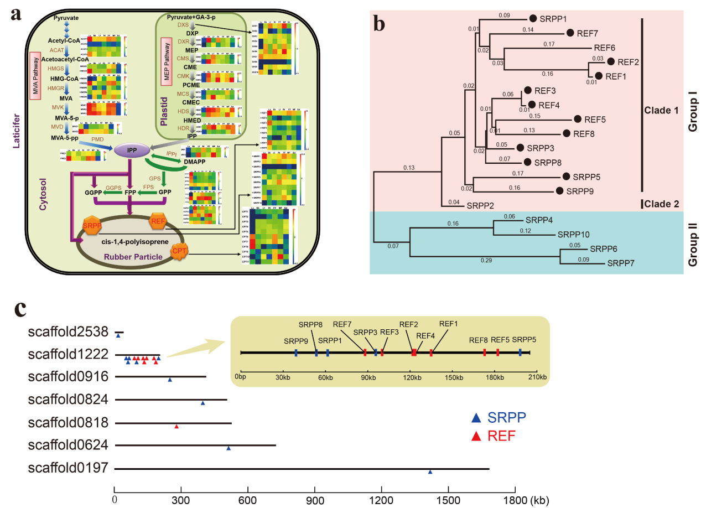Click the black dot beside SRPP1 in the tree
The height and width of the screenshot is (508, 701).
point(533,18)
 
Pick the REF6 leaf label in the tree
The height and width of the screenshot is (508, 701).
point(605,48)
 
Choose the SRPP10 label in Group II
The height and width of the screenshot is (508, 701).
point(575,234)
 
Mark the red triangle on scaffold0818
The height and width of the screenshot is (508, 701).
point(176,427)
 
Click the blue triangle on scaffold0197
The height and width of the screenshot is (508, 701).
point(430,472)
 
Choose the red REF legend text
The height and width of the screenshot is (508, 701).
point(502,436)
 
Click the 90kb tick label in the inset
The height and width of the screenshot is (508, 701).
point(368,377)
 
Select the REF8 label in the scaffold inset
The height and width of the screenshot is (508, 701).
point(479,340)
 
